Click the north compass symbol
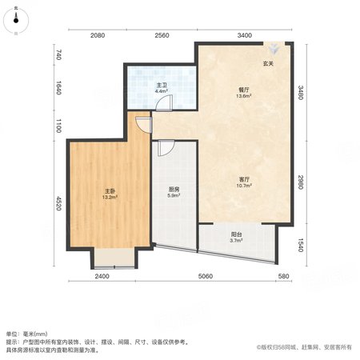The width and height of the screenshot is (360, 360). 16,21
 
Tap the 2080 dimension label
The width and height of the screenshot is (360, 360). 98,35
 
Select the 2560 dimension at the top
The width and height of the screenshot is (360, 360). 162,35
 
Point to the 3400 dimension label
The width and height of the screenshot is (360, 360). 245,35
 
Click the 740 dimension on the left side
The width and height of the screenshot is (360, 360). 59,54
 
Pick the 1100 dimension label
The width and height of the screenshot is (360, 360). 59,126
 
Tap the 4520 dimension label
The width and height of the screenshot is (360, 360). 59,203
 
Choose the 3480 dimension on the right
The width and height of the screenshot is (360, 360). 301,93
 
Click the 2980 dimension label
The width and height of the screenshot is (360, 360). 301,182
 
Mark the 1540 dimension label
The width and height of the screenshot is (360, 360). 301,245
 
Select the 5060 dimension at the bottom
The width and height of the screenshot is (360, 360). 206,276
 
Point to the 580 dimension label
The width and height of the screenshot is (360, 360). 283,276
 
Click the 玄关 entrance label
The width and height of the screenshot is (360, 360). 268,64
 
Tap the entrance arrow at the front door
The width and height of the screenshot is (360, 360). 273,48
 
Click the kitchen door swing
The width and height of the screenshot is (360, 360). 166,148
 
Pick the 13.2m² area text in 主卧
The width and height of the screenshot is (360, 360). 110,198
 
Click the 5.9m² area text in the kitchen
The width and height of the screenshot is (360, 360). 174,195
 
